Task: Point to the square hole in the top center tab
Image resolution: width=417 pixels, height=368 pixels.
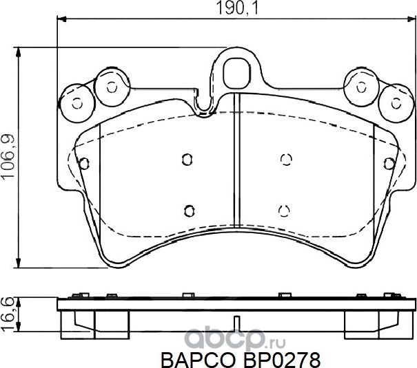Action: pos(236,69)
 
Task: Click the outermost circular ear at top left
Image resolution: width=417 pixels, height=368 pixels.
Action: pos(76,102)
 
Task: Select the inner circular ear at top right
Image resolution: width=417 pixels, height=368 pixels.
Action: pos(361,86)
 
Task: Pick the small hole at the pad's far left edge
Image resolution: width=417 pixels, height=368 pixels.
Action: pos(83,163)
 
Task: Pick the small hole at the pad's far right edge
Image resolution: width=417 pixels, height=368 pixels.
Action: pos(390,163)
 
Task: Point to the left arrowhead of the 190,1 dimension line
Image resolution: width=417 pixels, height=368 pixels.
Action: pos(60,21)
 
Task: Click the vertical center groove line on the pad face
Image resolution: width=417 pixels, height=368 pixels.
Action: pos(236,172)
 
